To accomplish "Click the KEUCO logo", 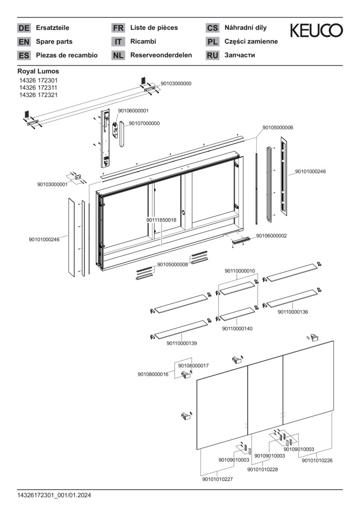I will tap(316, 31).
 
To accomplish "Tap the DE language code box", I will tap(24, 28).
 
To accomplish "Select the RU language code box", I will tap(212, 55).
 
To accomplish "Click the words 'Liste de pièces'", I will tap(154, 28).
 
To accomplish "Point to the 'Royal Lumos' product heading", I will tap(38, 71).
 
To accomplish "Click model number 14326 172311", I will tap(38, 88).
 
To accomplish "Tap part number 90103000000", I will tap(176, 84).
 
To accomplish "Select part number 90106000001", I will tap(134, 111).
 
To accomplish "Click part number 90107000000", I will tap(144, 124).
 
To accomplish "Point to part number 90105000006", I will tap(278, 127).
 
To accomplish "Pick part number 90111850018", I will tap(161, 220).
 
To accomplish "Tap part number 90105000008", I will tap(173, 264).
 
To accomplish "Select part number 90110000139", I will tap(182, 343).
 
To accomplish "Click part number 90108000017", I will tap(193, 365).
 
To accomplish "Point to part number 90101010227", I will tap(218, 479).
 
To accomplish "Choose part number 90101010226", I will tap(317, 460).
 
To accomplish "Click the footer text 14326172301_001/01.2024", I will tap(54, 495).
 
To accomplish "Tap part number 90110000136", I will tap(293, 312).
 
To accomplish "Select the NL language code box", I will tap(118, 55).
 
